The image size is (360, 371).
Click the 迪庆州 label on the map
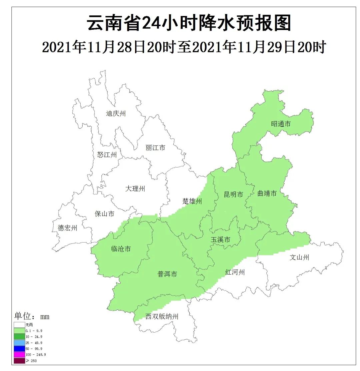point(116,114)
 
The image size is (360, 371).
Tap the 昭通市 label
point(281,124)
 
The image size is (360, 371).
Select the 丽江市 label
point(155,148)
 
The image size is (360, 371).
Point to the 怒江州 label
point(107,155)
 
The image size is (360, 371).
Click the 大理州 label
point(135,189)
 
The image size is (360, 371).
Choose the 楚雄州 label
point(192,202)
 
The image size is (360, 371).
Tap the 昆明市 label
point(233,195)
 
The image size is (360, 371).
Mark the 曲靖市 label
point(267,194)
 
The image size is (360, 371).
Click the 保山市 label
point(105,214)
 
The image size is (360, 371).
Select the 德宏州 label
point(67,228)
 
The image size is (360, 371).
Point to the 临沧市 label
point(120,249)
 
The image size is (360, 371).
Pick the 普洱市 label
point(167,274)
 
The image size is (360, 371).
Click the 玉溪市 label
point(220,240)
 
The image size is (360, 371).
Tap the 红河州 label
point(235,273)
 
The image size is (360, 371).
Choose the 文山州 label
point(299,257)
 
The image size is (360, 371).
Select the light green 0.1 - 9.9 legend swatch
point(19,331)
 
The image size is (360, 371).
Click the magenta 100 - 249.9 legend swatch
point(19,355)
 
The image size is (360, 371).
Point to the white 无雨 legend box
point(19,325)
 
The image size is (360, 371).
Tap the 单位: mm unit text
point(32,316)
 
